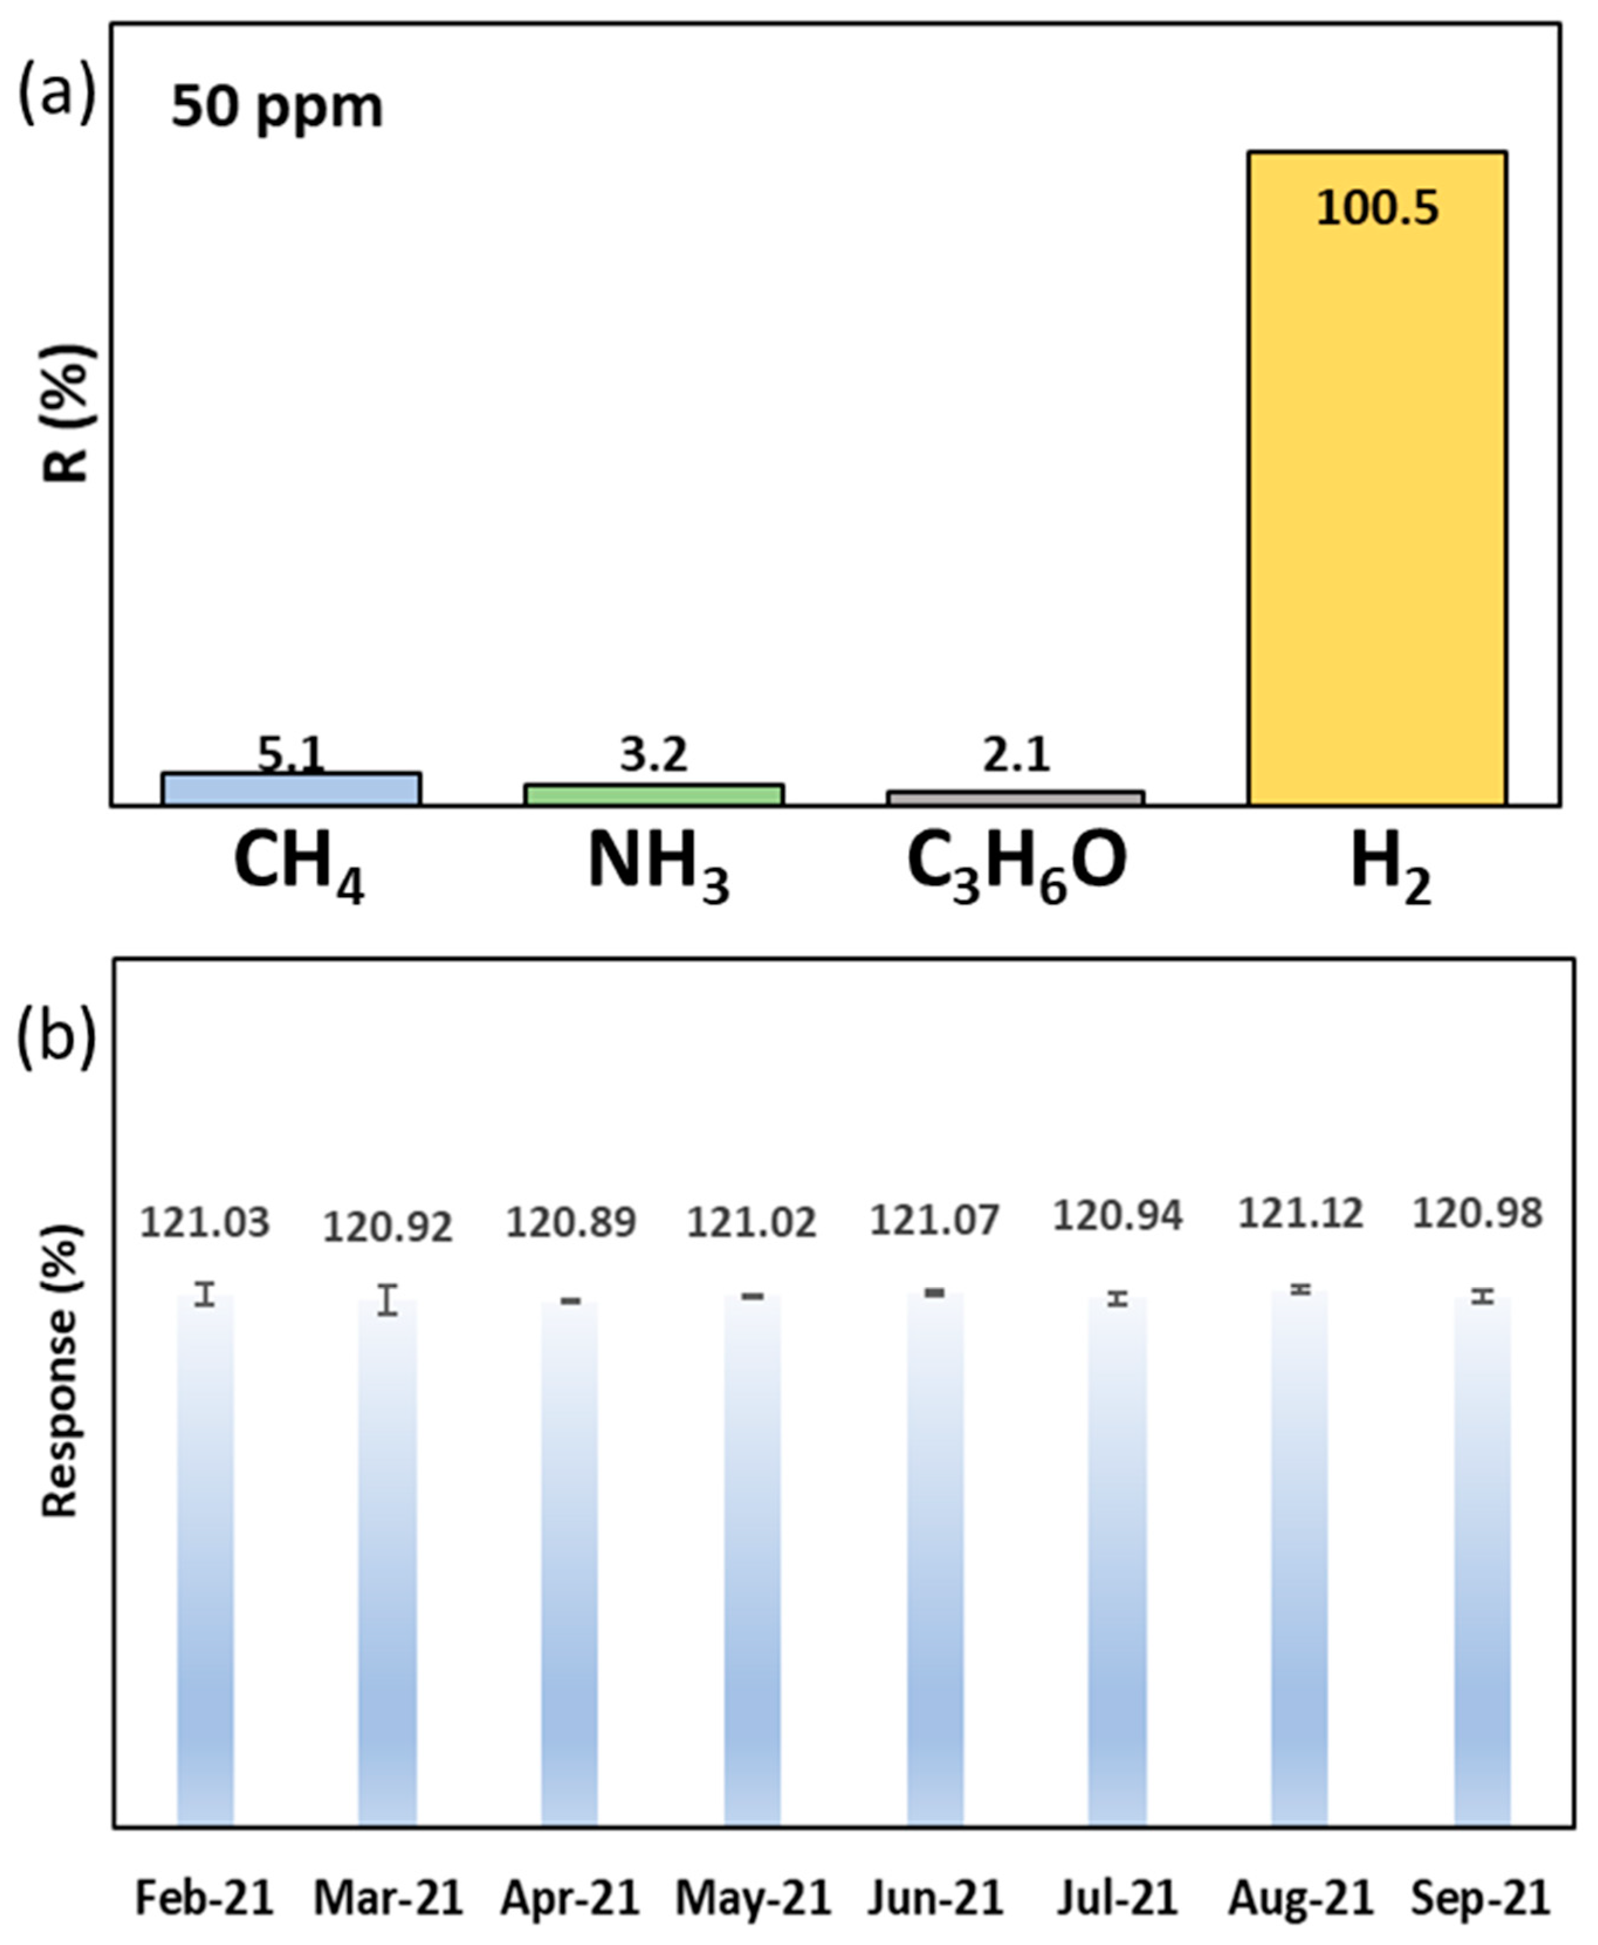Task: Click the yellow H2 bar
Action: (1376, 479)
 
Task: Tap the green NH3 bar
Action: (654, 795)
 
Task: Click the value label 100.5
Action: (1376, 208)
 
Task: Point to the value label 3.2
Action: (654, 755)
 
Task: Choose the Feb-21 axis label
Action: (204, 1898)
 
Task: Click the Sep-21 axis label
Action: (1480, 1898)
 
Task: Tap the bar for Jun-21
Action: (935, 1565)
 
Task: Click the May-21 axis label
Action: (753, 1898)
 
